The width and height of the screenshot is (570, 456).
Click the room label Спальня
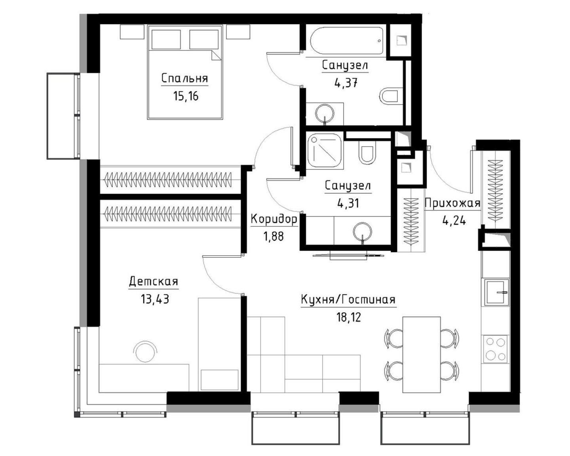tap(184, 79)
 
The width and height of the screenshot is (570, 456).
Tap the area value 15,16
tap(186, 96)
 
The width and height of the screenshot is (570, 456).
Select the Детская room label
tap(153, 281)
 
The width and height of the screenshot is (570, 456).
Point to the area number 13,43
tap(155, 299)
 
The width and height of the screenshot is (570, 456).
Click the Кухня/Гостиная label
tap(348, 300)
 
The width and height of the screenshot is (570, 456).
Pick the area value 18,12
tap(349, 317)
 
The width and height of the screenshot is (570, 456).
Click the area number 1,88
tap(274, 236)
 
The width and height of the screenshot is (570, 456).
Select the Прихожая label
tap(452, 203)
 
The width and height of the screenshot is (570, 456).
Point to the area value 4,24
tap(454, 220)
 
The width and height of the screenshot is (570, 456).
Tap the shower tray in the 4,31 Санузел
tap(325, 151)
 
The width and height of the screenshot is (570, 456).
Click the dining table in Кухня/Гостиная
tap(422, 354)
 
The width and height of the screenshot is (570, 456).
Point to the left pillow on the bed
tap(166, 40)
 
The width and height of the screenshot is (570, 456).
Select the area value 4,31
tap(348, 203)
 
